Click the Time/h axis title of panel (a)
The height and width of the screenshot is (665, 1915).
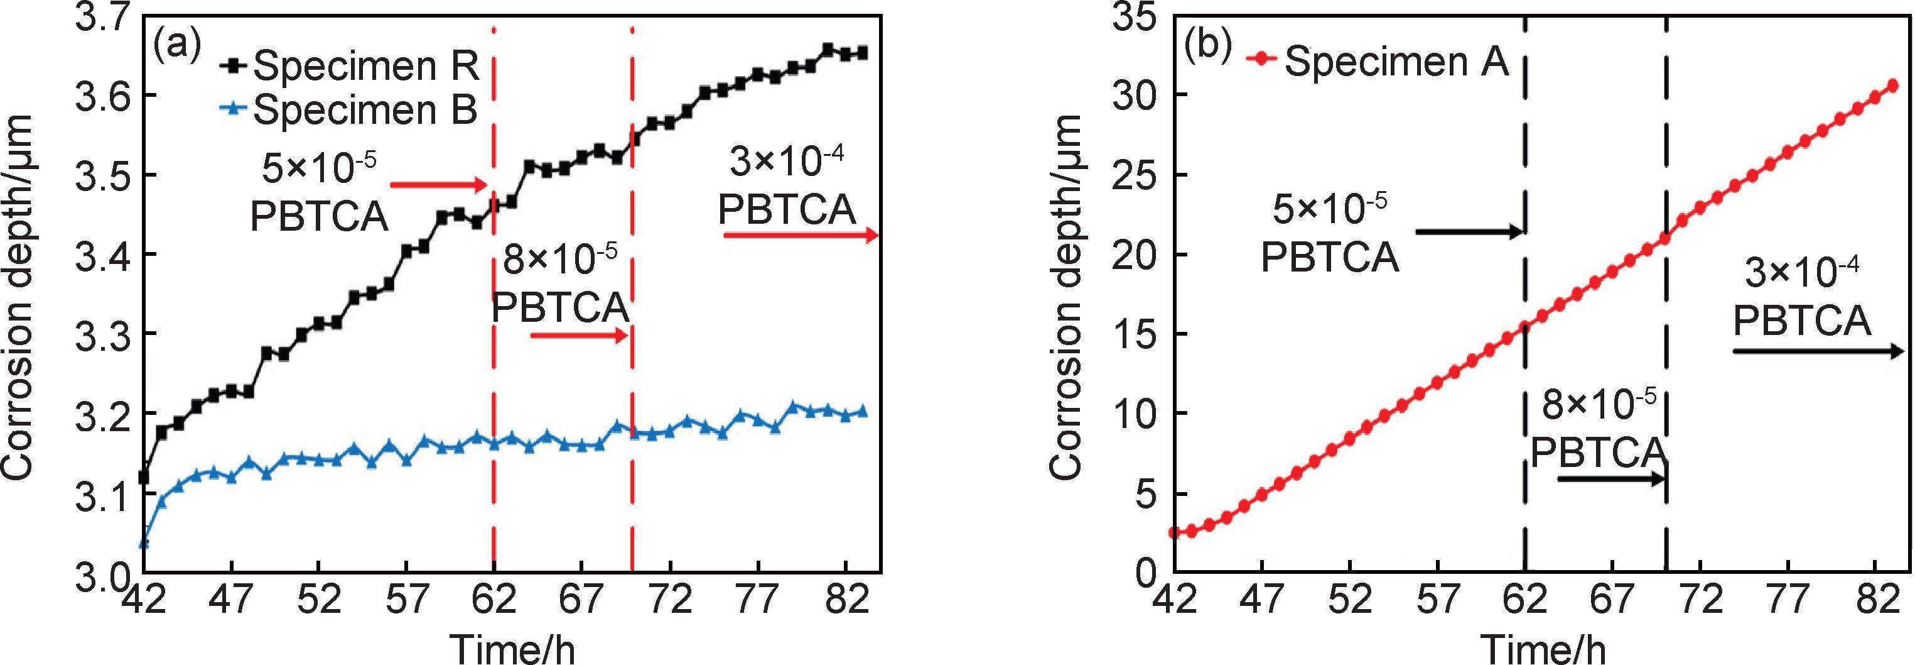513,649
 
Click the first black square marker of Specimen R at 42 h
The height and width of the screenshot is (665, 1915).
144,476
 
